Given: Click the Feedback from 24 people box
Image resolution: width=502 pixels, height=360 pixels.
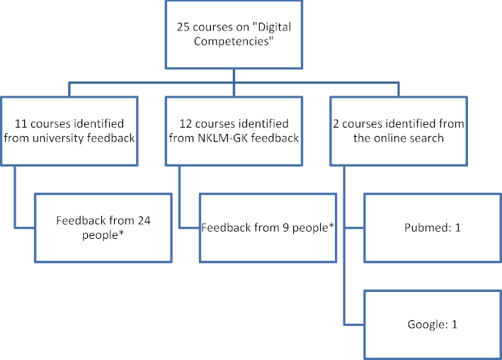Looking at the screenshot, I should coord(103,227).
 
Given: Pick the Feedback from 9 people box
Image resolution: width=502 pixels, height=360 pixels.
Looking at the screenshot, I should coord(268,227).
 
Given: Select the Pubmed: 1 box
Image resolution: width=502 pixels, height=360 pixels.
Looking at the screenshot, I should coord(433,227).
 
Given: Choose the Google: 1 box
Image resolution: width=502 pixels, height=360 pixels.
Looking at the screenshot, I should coord(433,325).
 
